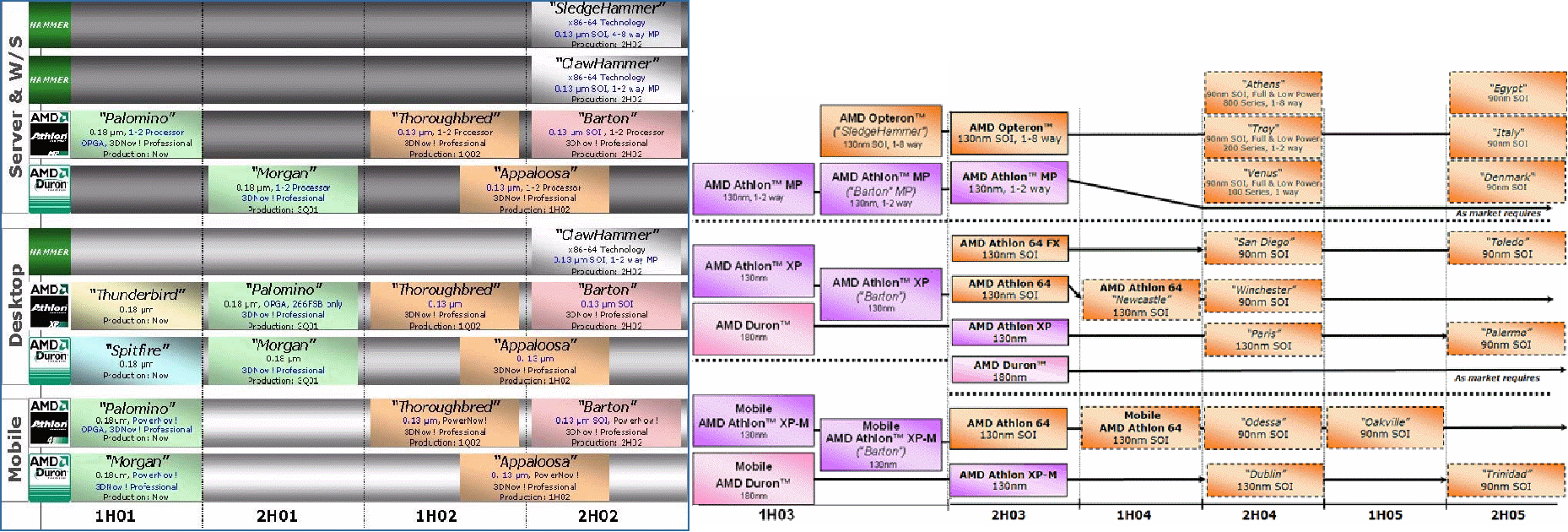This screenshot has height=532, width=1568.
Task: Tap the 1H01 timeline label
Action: coord(115,516)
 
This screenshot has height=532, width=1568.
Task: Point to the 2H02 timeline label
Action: coord(597,516)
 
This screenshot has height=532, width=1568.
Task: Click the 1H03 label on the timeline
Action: coord(776,514)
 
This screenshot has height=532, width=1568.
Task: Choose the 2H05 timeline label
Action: coord(1507,515)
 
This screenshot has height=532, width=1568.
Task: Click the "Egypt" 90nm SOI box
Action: coord(1507,93)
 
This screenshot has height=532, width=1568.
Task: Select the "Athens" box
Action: coord(1263,93)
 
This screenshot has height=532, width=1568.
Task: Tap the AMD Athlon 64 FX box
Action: coord(1009,248)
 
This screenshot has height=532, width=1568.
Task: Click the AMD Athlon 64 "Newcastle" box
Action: coord(1140,300)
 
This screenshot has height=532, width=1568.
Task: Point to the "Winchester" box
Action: coord(1263,296)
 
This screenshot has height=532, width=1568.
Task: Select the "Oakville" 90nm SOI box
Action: coord(1384,427)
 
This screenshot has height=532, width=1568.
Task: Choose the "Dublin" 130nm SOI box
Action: coord(1264,480)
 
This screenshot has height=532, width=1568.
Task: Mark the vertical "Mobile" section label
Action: coord(15,449)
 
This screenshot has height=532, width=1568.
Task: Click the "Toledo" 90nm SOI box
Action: coord(1507,248)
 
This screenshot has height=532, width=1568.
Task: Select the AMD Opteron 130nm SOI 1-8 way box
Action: coord(1008,133)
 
